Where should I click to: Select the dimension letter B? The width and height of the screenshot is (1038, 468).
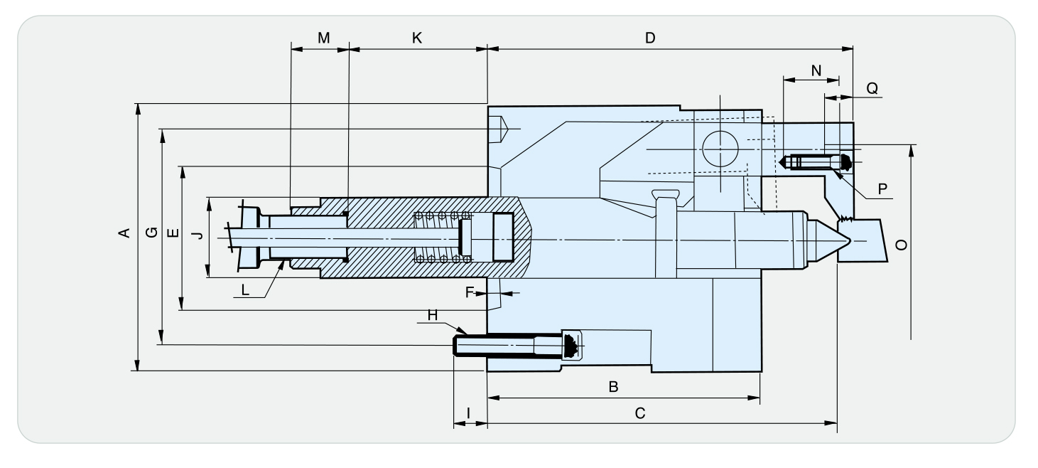[x=613, y=387]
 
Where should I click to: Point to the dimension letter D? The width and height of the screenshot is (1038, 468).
[x=649, y=38]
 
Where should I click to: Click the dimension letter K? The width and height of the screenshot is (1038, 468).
[x=417, y=38]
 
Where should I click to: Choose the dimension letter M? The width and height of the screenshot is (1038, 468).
[x=323, y=38]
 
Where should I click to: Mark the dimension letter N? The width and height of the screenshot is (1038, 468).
[x=815, y=70]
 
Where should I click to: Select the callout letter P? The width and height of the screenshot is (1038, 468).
[x=882, y=188]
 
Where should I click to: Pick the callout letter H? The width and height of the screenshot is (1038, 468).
[x=433, y=314]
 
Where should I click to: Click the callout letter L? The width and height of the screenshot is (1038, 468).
[x=245, y=289]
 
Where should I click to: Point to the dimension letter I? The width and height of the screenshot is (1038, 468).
[x=469, y=413]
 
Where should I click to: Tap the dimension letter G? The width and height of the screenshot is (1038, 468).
[x=150, y=233]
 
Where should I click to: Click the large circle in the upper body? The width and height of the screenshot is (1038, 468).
[x=719, y=149]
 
